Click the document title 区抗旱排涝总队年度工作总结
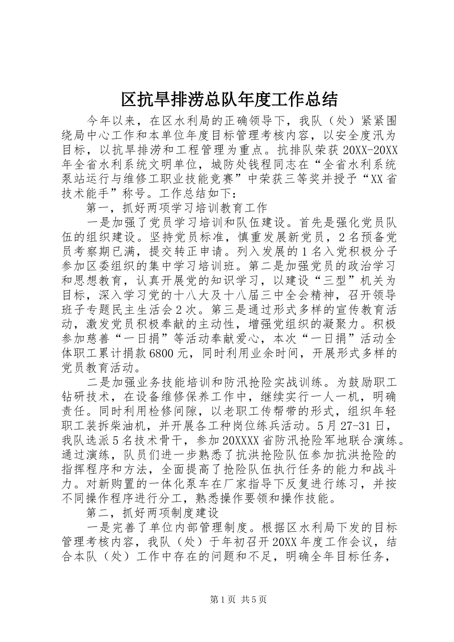[x=230, y=99]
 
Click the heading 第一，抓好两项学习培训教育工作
[x=176, y=208]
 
